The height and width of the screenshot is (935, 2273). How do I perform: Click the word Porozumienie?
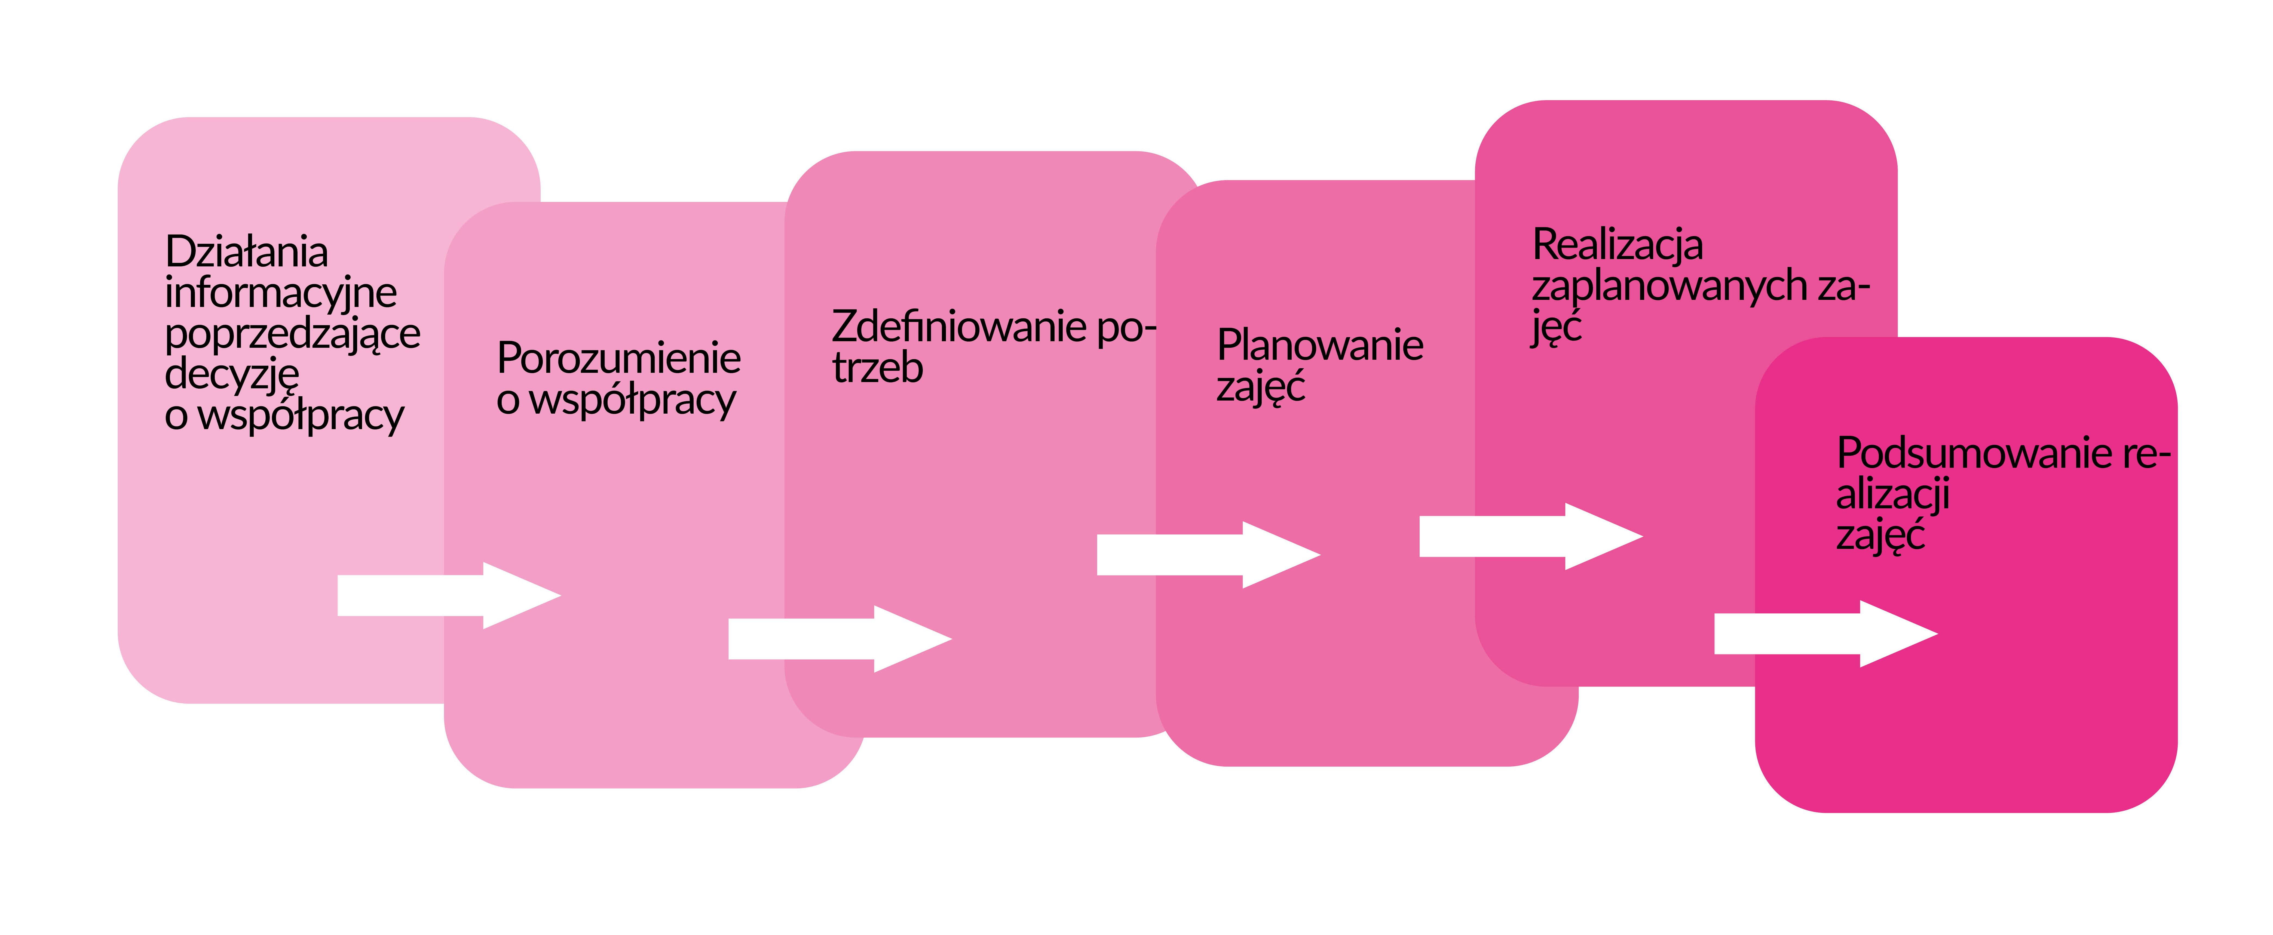tap(618, 358)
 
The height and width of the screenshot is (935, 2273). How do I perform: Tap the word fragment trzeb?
tap(877, 368)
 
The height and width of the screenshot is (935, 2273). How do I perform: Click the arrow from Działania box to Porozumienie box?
tap(449, 595)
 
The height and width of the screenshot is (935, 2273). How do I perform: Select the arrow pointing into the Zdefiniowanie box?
tap(840, 639)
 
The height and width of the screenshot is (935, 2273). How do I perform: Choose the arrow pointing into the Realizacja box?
tap(1531, 536)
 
